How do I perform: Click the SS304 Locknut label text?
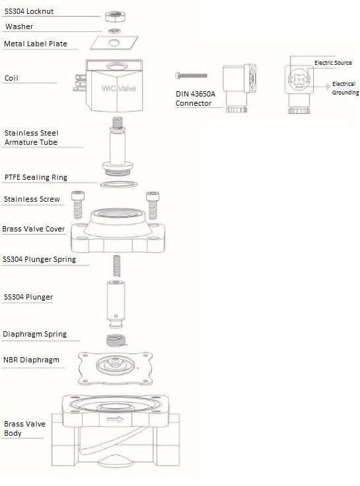pos(29,11)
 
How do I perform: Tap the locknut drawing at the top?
pos(115,16)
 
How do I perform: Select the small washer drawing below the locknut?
pos(114,30)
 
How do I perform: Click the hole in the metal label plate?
pos(114,42)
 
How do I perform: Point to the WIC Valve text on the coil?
pos(119,89)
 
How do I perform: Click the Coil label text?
pos(11,78)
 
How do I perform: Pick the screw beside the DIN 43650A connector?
pos(192,75)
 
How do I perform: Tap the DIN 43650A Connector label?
pos(195,99)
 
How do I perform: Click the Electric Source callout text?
pos(333,63)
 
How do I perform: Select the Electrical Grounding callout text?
pos(345,89)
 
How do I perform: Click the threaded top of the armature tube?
pos(118,123)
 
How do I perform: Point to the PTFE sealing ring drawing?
pos(118,184)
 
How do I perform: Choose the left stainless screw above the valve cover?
pos(78,204)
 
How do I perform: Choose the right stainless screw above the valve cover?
pos(153,206)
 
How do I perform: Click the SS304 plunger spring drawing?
pos(117,266)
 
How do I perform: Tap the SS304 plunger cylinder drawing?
pos(116,304)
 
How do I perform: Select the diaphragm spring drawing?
pos(116,341)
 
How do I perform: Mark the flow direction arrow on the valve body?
pos(115,420)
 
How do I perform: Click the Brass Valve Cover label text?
pos(34,229)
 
